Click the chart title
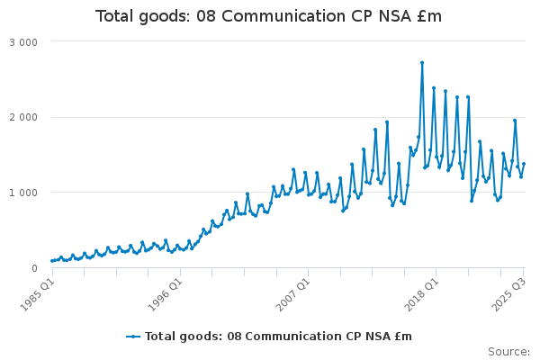(269, 16)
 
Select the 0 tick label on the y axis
(33, 268)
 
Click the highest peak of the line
(422, 63)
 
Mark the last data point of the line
(524, 164)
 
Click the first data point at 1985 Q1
(52, 261)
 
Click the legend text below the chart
(278, 337)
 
